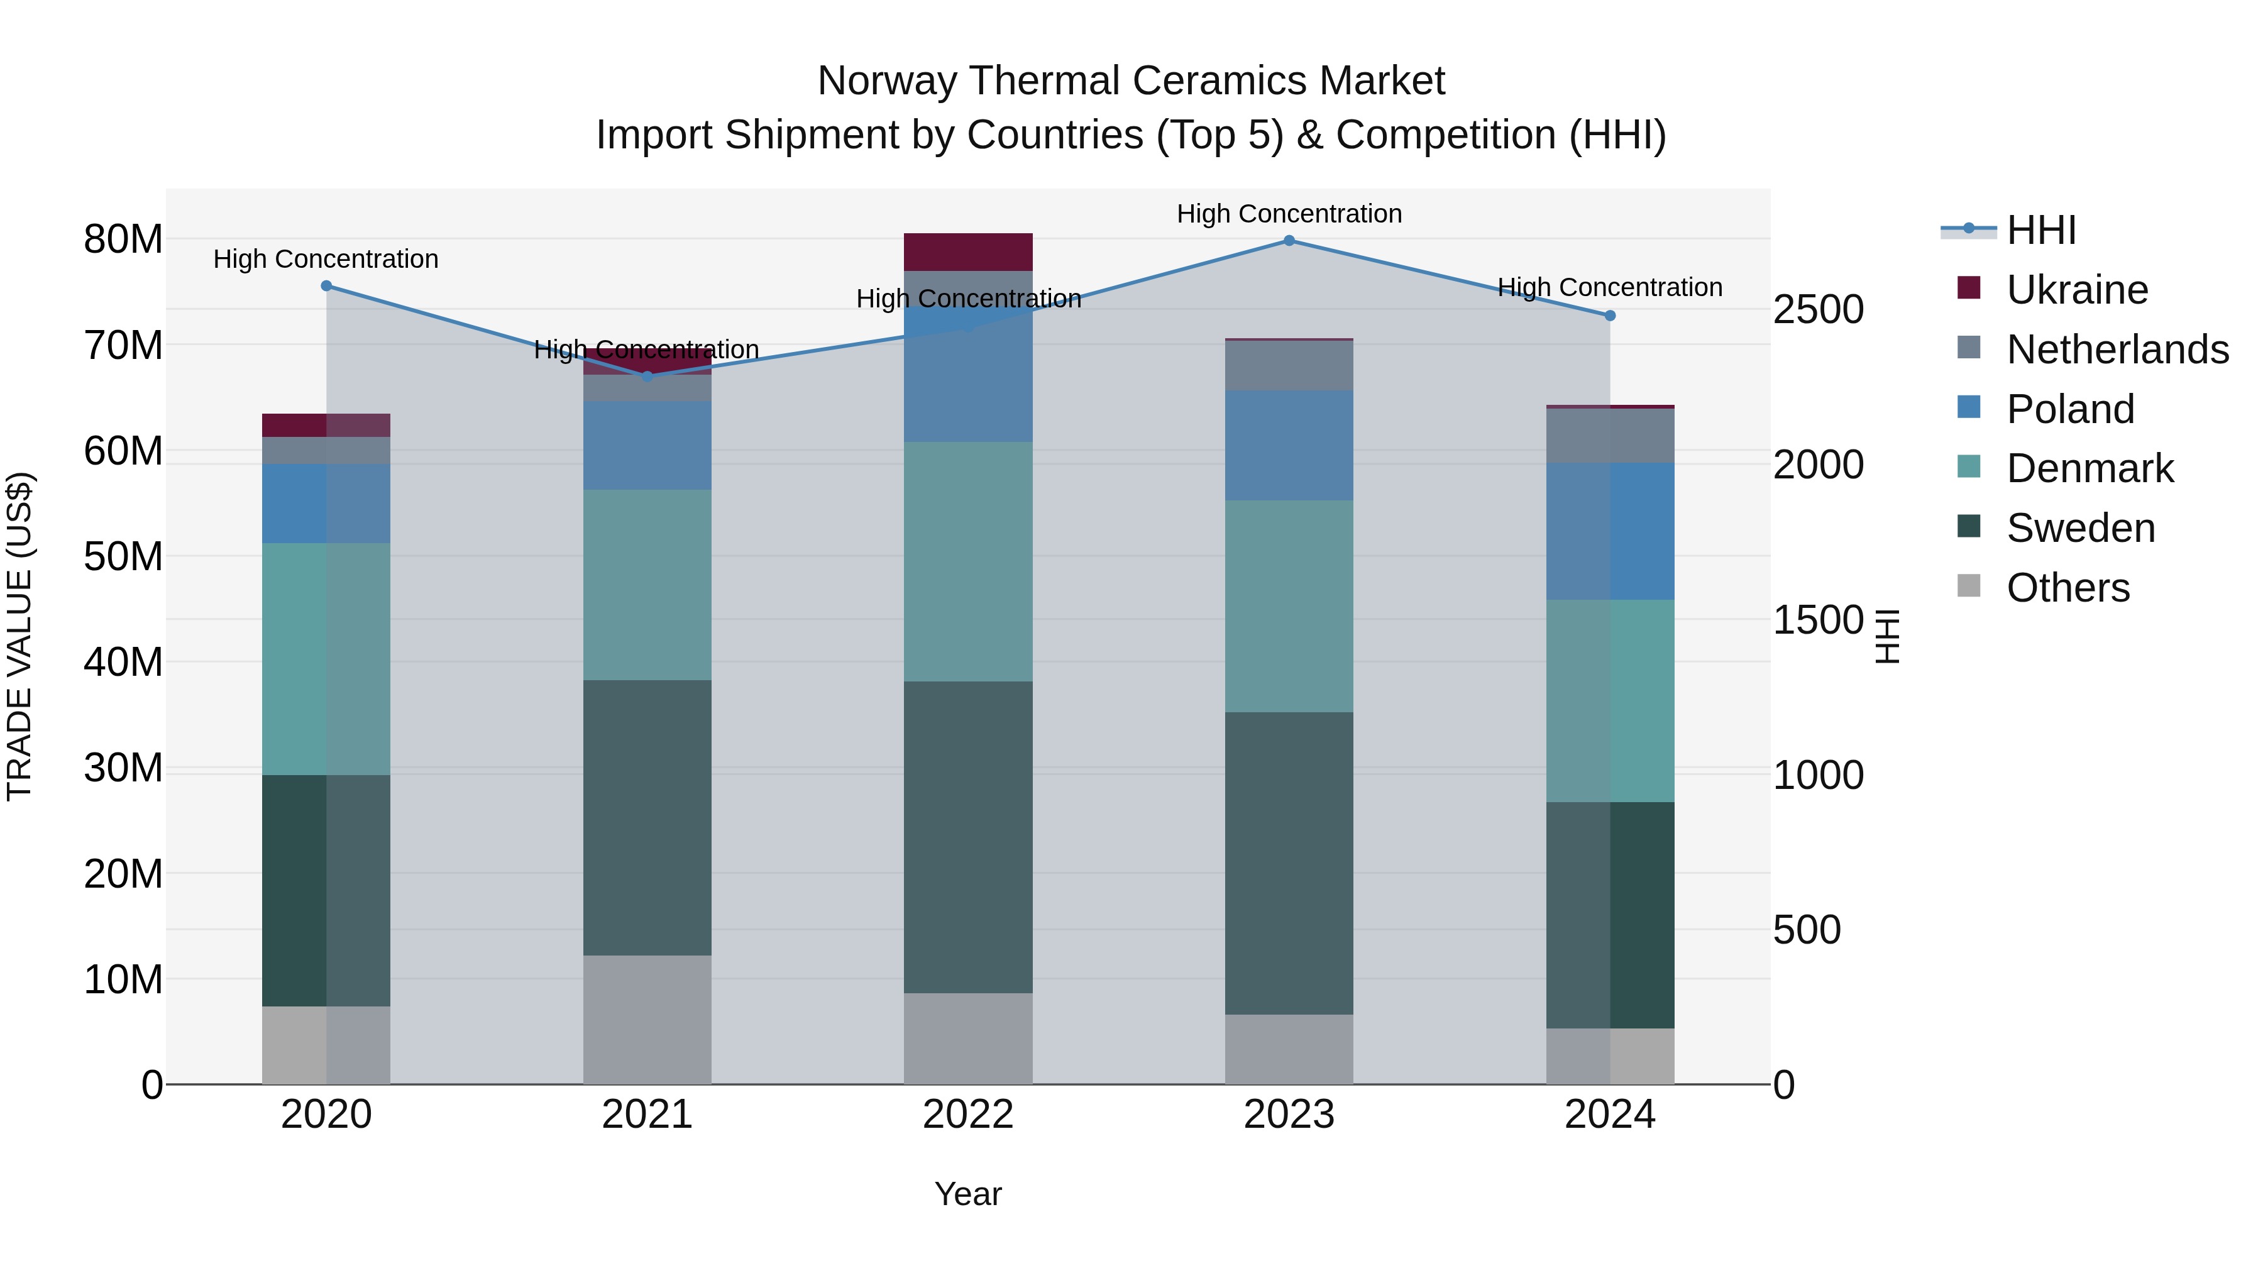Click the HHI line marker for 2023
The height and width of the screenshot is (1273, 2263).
[1289, 241]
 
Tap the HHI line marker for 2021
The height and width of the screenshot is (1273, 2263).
[647, 376]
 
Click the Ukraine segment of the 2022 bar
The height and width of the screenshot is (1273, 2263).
[968, 252]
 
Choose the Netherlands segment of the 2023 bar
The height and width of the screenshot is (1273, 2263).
[1289, 365]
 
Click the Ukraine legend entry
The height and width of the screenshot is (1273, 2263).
[2077, 290]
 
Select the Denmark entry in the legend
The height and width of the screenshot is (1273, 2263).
[2089, 468]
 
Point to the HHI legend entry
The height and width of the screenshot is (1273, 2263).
[2040, 230]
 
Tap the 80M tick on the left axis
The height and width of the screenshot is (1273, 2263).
[123, 239]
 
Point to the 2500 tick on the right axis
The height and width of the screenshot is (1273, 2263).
[1817, 309]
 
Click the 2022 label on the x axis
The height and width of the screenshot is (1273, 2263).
[968, 1115]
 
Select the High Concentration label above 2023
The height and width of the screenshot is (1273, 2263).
[1289, 214]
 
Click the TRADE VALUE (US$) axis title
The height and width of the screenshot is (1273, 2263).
[19, 636]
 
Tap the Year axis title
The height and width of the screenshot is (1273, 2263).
[968, 1194]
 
